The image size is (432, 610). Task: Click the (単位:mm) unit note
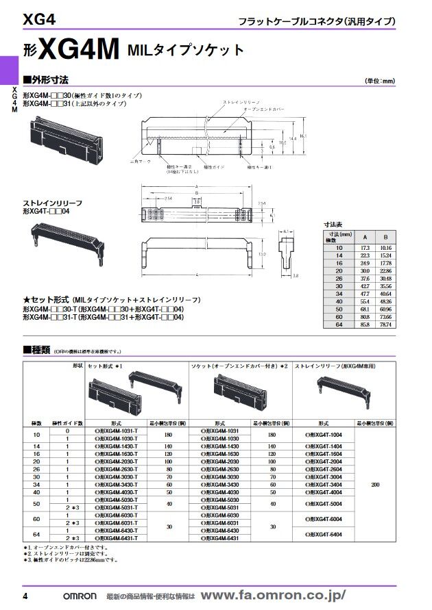click(x=380, y=81)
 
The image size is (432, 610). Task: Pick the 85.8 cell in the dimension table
click(x=365, y=324)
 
